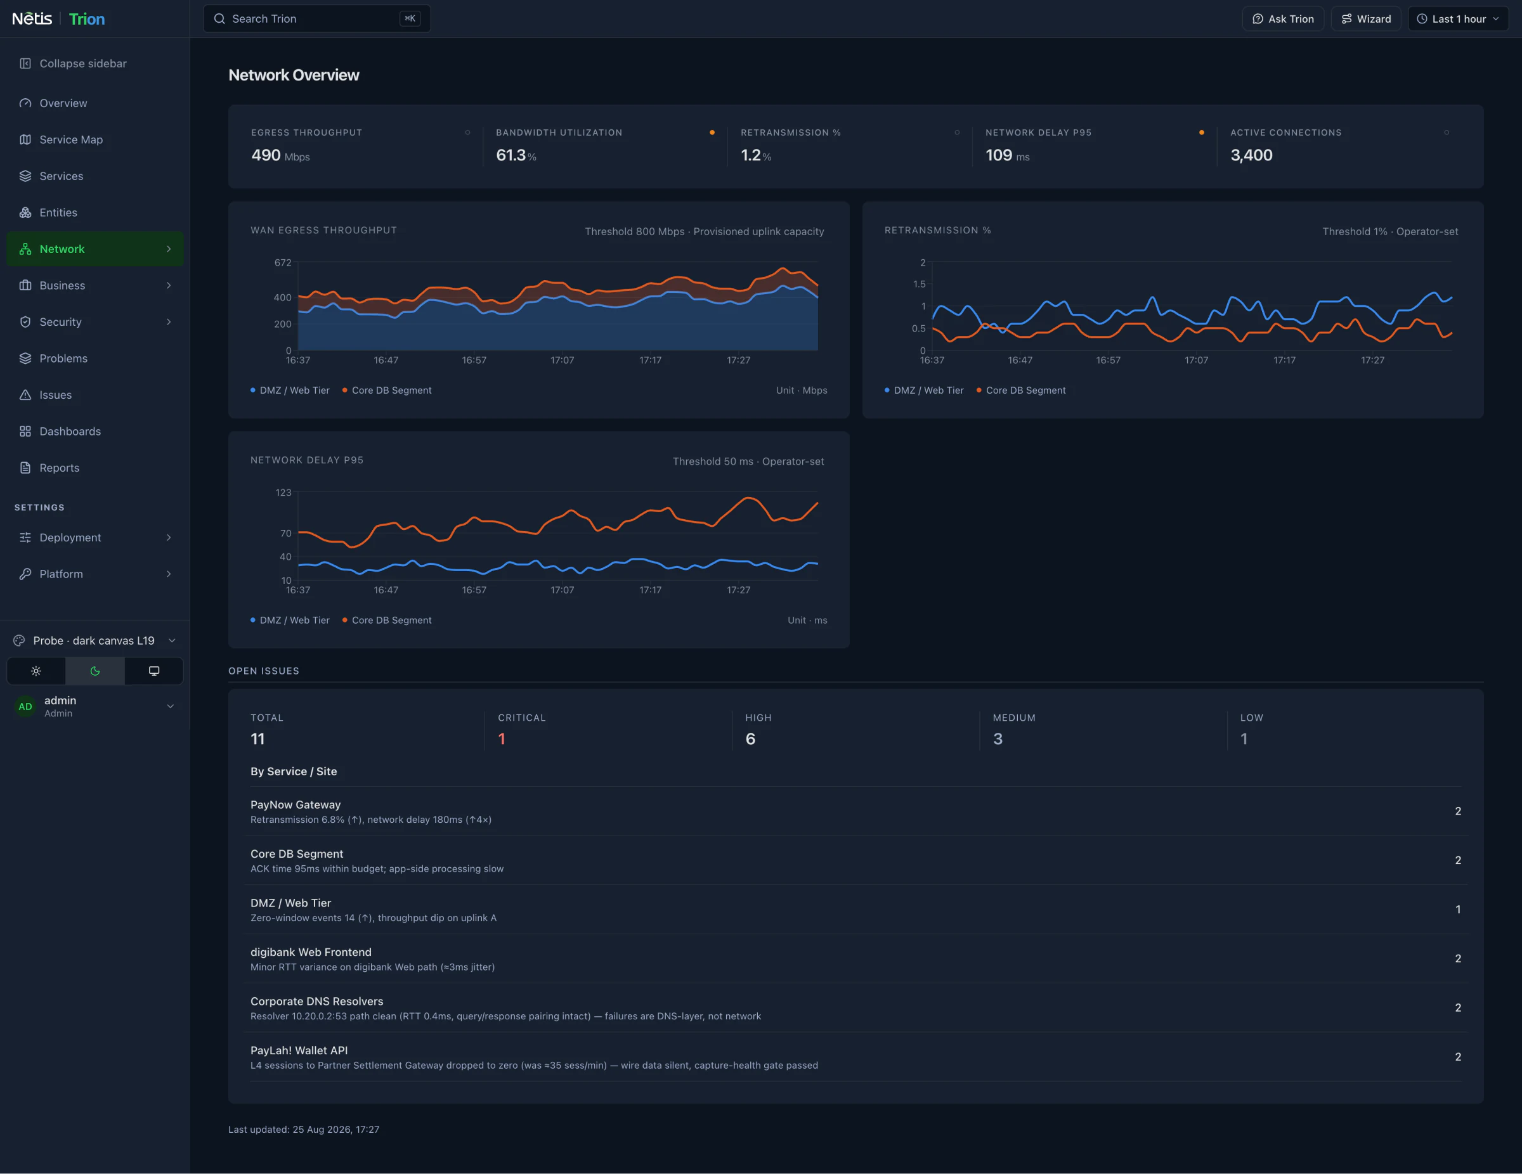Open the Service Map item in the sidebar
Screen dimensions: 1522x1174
71,139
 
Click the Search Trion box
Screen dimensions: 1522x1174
316,19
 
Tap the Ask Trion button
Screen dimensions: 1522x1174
1282,19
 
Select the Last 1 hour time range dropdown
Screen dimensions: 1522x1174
1458,19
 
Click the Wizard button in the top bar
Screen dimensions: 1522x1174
1365,19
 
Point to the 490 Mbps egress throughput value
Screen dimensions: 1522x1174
280,155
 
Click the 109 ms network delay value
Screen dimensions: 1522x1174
1007,155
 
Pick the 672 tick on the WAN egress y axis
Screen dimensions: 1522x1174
283,262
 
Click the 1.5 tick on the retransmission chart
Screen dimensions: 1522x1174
919,284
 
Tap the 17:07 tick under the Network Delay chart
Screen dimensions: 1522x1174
563,590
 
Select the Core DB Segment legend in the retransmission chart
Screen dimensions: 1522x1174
1021,390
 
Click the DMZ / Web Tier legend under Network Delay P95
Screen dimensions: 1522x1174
290,620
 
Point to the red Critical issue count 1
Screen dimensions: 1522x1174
502,739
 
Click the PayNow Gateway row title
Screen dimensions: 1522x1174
296,804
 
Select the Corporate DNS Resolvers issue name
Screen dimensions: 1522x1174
317,1001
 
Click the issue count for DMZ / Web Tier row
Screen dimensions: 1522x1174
1458,909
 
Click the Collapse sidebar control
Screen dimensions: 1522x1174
73,63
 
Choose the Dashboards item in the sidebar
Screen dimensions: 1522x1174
70,431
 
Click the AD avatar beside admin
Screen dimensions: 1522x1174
25,706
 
